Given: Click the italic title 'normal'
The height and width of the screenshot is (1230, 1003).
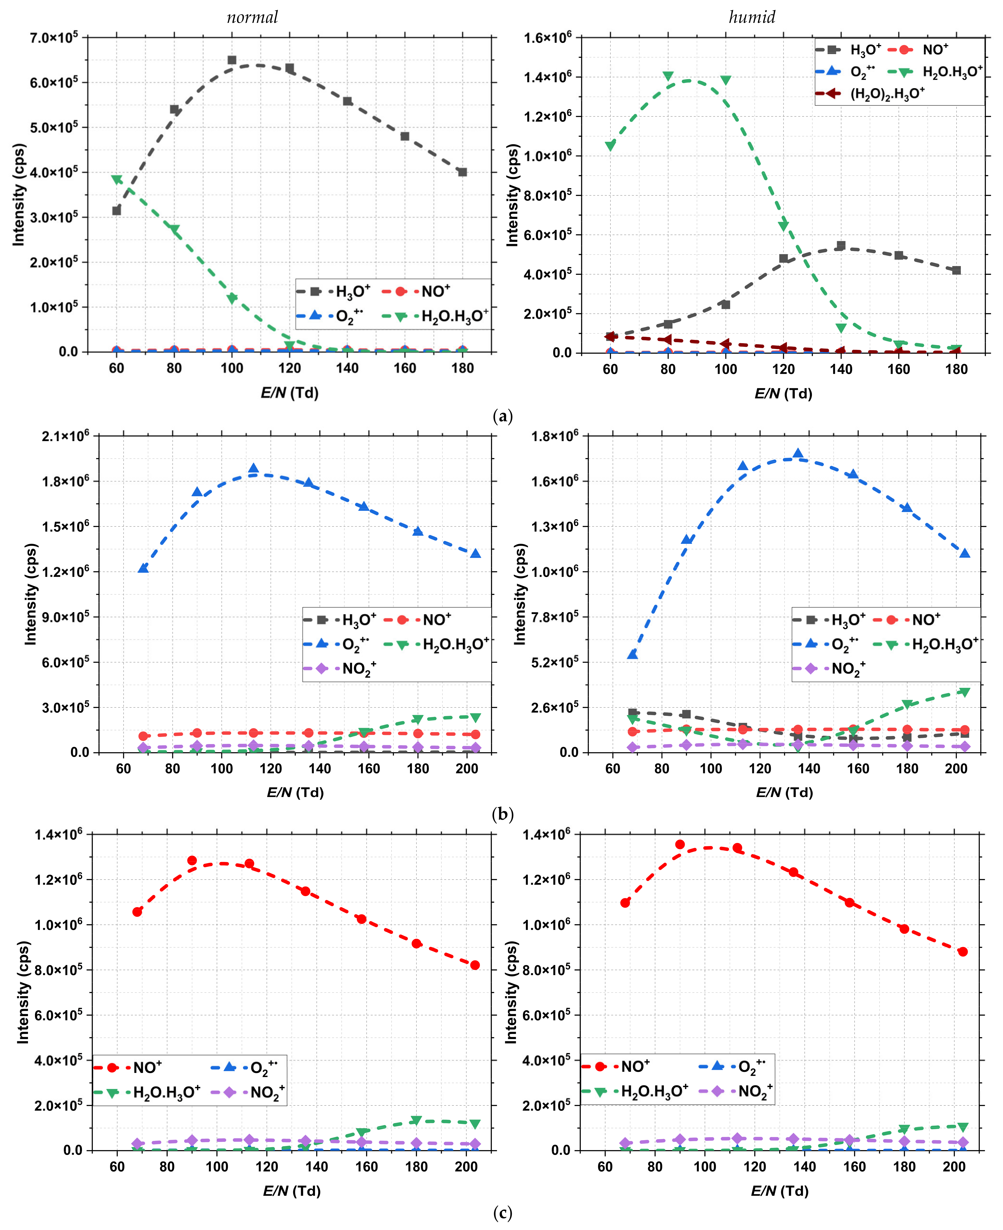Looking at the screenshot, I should point(252,17).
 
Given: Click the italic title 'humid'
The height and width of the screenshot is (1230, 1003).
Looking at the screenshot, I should point(752,17).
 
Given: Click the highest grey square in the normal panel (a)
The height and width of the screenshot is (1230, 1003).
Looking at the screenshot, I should point(232,60).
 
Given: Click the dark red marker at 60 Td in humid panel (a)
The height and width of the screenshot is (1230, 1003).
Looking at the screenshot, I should point(610,336).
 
